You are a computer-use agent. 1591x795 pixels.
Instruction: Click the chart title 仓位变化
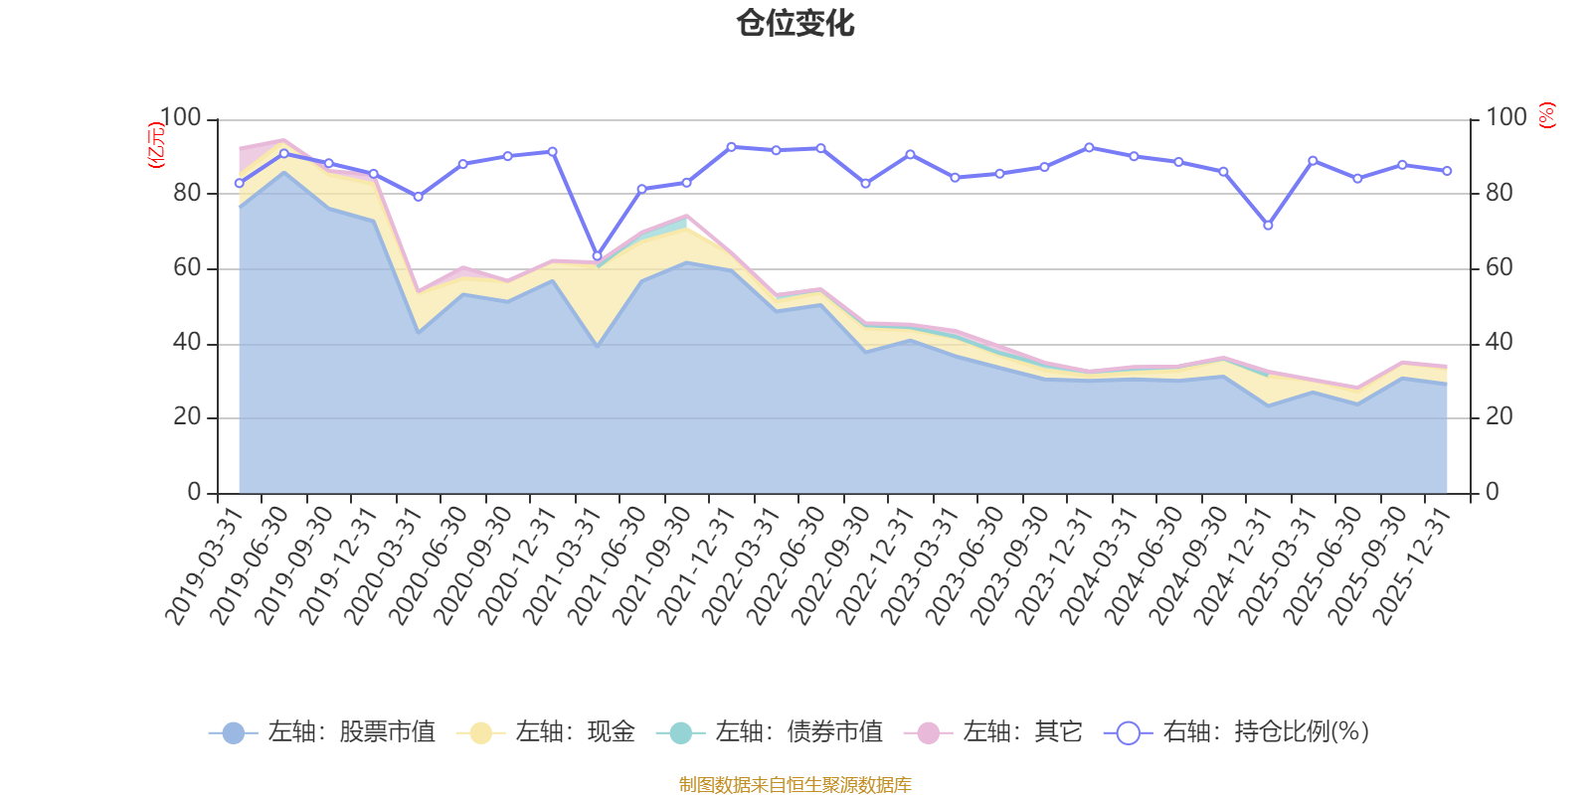[795, 23]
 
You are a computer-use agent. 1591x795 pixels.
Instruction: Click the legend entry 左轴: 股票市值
[322, 732]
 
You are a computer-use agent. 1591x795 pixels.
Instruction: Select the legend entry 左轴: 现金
[546, 732]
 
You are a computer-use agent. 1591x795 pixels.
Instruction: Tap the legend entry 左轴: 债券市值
[770, 732]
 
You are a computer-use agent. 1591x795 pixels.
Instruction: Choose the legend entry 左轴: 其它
[993, 732]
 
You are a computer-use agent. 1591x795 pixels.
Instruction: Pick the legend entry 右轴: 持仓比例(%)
[1237, 732]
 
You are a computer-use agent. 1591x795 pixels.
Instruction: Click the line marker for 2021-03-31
[597, 255]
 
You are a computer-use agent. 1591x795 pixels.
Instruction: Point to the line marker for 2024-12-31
[1268, 226]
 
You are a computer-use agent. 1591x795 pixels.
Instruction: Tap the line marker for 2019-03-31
[239, 183]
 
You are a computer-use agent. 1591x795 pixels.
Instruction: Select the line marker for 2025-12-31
[1447, 171]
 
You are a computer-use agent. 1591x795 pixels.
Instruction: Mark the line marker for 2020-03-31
[418, 197]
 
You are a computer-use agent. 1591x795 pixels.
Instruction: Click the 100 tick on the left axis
[180, 118]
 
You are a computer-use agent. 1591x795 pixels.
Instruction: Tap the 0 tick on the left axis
[194, 492]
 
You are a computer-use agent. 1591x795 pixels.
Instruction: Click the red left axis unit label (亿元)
[156, 145]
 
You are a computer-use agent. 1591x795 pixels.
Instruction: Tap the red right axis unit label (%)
[1546, 115]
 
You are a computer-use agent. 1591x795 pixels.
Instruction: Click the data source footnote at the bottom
[795, 785]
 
